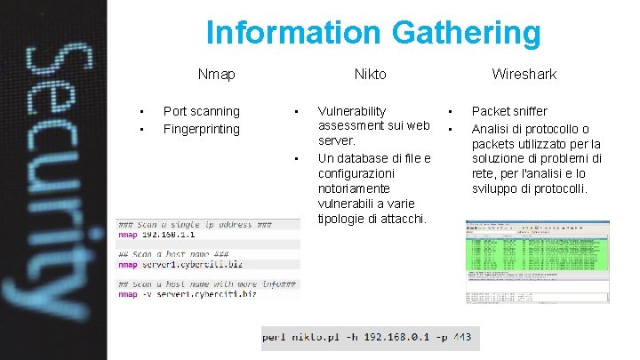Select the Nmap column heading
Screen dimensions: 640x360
[216, 75]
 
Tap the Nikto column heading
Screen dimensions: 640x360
[370, 75]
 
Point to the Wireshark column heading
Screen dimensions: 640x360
[524, 75]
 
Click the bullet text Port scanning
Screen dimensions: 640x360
[201, 111]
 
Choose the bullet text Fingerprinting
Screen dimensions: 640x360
[201, 129]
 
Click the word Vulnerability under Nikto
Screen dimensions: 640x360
[351, 111]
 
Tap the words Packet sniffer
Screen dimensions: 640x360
[509, 111]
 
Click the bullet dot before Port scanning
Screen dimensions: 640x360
[140, 112]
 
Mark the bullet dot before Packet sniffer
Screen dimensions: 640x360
[451, 112]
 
